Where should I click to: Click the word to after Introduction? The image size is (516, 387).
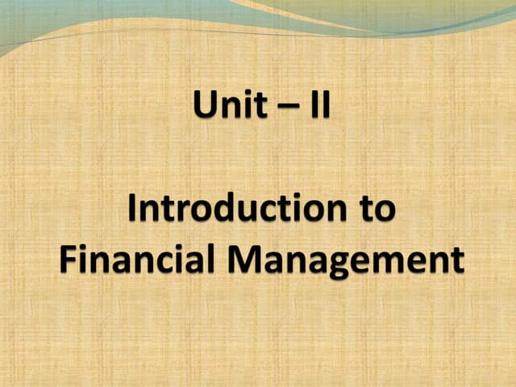(x=375, y=210)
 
